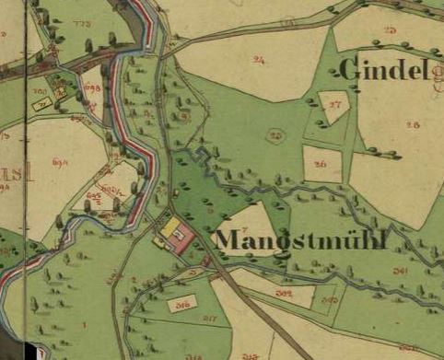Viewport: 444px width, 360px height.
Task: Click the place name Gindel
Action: coord(384,70)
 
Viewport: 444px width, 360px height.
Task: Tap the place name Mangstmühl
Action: coord(300,241)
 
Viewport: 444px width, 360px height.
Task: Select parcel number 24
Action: coord(258,61)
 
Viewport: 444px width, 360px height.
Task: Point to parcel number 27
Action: coord(334,105)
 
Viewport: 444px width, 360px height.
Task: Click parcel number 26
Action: coord(321,165)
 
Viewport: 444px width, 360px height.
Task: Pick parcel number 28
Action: coord(412,125)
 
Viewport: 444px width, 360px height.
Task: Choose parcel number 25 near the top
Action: coord(390,30)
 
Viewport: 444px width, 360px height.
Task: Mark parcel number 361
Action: coord(400,271)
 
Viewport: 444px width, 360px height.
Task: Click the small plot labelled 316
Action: coord(182,303)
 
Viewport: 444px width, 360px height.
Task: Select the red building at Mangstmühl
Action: coord(182,238)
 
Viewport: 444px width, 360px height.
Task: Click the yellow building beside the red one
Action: coord(170,226)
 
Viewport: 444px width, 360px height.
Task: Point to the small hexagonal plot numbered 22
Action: coord(275,134)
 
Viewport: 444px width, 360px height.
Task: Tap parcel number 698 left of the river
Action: coord(91,87)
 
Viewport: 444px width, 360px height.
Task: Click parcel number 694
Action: coord(61,162)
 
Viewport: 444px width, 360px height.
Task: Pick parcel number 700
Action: coord(41,92)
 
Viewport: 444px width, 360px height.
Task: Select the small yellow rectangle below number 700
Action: coord(41,106)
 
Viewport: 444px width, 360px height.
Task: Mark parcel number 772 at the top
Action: coord(82,20)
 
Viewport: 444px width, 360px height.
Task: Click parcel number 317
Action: coord(210,319)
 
